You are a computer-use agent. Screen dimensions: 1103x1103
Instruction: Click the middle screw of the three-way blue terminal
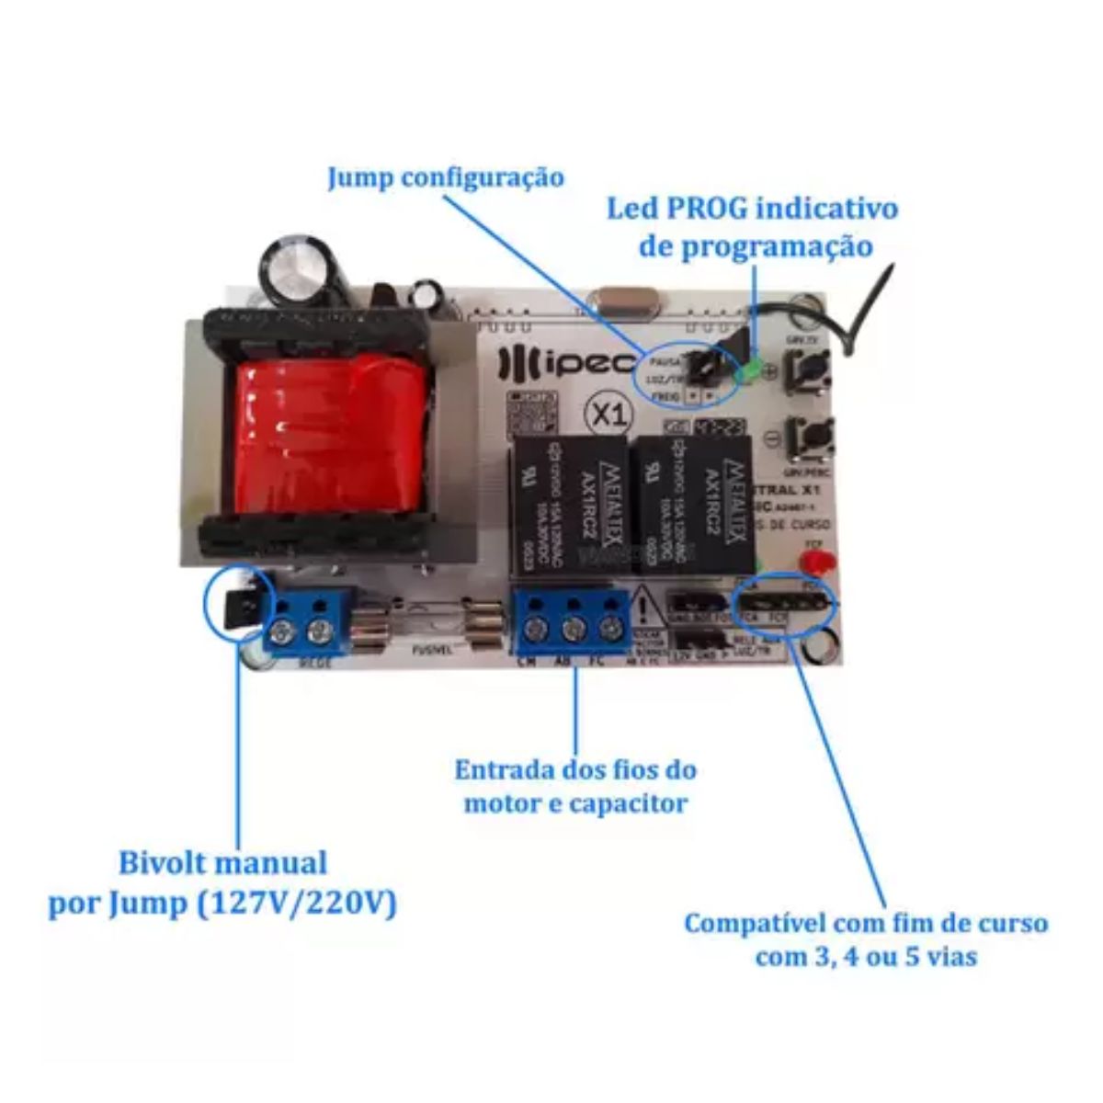click(574, 628)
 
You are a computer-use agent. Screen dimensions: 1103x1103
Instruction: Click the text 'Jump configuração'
click(446, 177)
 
